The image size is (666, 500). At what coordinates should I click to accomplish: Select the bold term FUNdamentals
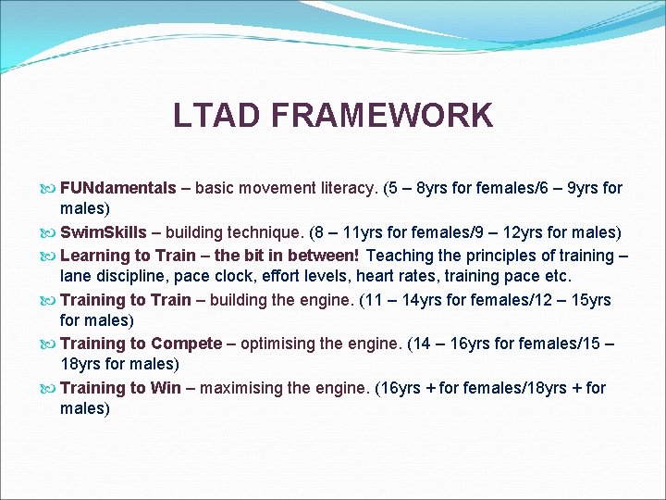(x=117, y=188)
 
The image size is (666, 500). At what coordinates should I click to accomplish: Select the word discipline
(x=128, y=276)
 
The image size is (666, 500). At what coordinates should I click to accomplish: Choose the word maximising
(x=239, y=388)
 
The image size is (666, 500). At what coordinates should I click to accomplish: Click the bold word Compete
(x=187, y=344)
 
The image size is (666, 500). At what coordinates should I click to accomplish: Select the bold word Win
(x=166, y=388)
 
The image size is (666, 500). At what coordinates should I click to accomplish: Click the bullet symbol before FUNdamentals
(x=48, y=189)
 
